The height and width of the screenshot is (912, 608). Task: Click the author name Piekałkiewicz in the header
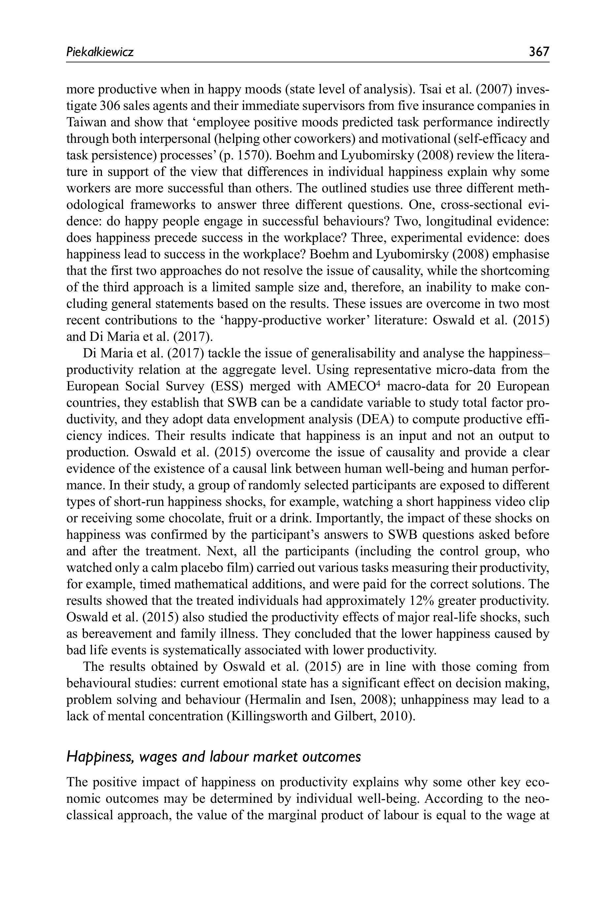tap(100, 51)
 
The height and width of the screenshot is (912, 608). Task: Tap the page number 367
tap(539, 51)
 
